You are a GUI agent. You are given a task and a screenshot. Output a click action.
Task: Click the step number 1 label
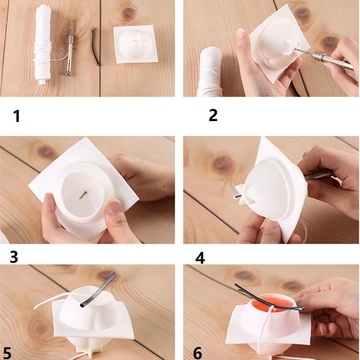[x=17, y=116]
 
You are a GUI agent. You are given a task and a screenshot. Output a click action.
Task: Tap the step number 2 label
[x=213, y=115]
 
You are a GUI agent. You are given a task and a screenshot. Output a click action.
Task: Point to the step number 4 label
[x=200, y=258]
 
